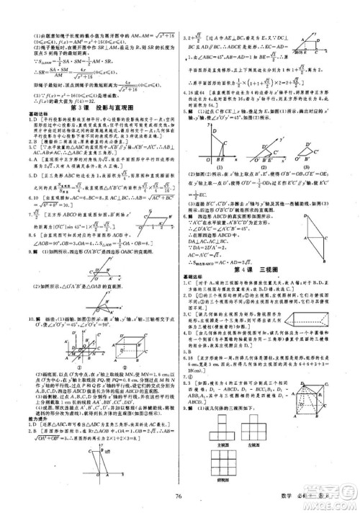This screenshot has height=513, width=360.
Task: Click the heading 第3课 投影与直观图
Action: click(91, 108)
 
